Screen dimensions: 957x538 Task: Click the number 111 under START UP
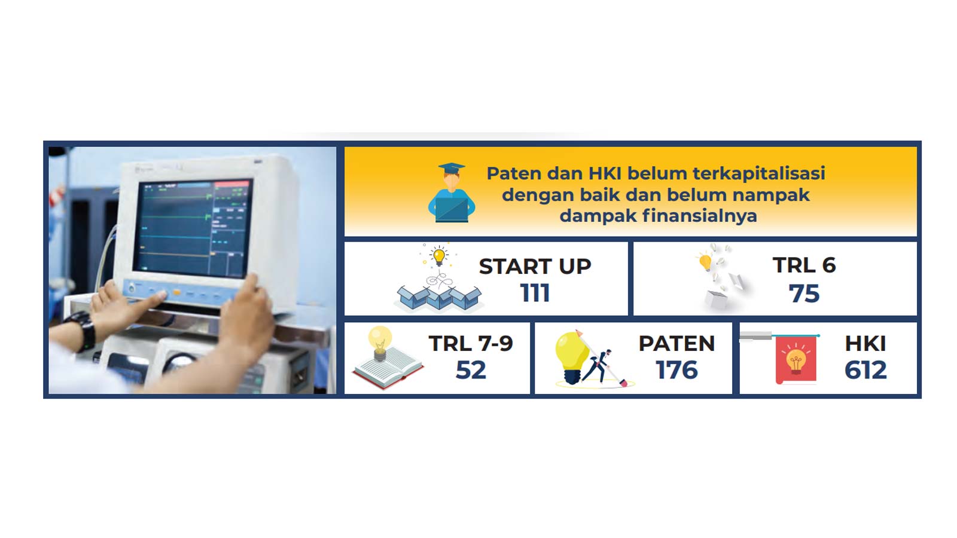pos(535,293)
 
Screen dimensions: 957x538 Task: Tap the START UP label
pos(535,267)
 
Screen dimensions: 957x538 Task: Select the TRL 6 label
pos(804,265)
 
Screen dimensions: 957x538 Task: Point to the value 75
pos(804,294)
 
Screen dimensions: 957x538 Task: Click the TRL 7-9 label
pos(470,343)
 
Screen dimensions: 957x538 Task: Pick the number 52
pos(471,370)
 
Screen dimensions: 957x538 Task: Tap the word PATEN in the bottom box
pos(676,343)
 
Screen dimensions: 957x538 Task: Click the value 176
pos(676,370)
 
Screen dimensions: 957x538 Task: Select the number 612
pos(865,370)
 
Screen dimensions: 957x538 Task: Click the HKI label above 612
pos(865,343)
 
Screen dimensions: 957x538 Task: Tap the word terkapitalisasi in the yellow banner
pos(759,173)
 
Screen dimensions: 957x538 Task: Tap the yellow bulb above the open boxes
pos(439,256)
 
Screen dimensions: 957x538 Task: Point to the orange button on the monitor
pos(176,292)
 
